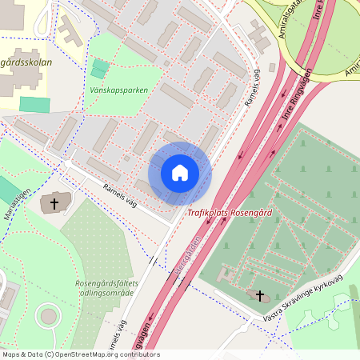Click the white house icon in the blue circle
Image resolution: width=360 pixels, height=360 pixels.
[180, 173]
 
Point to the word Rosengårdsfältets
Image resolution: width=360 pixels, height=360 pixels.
[106, 283]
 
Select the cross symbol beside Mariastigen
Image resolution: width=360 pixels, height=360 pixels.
[54, 203]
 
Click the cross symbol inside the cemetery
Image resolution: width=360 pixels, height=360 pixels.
[259, 295]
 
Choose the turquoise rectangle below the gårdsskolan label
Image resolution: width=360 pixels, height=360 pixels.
[34, 104]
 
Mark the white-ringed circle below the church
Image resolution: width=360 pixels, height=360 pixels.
[50, 317]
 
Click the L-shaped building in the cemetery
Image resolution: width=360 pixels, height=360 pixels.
[223, 272]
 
